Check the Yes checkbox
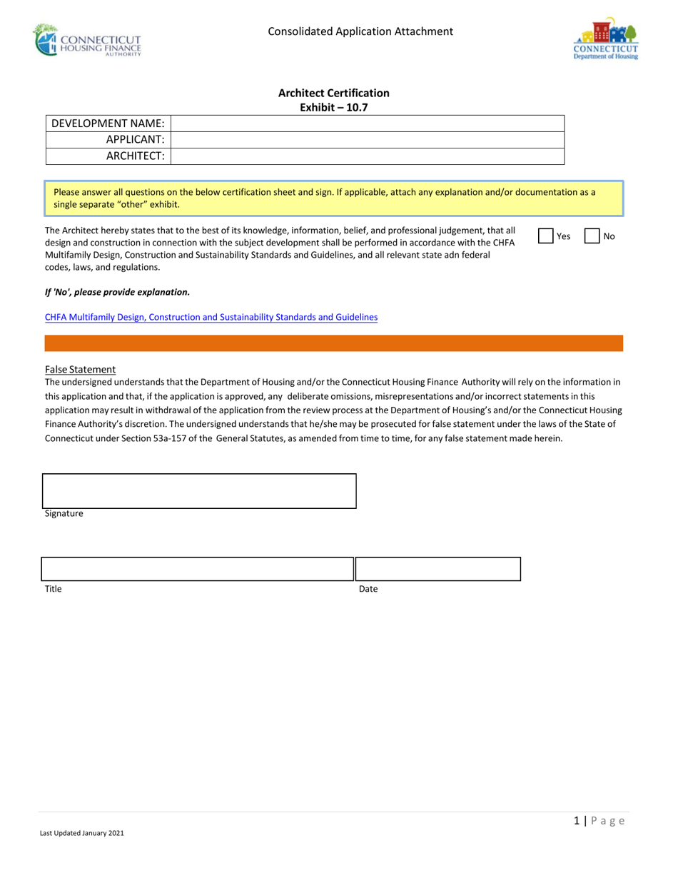[x=545, y=236]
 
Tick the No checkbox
[x=592, y=236]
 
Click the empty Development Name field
[x=368, y=123]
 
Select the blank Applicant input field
[x=368, y=140]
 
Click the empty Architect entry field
[x=368, y=156]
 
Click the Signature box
[x=199, y=491]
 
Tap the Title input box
[x=197, y=569]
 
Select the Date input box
[x=438, y=569]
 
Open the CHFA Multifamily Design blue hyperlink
[x=211, y=317]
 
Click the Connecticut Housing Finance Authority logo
[x=88, y=40]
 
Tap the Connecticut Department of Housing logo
[x=605, y=39]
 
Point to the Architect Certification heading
[x=334, y=93]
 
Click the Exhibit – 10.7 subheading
[x=334, y=107]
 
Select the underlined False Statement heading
[x=80, y=369]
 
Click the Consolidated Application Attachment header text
[x=360, y=31]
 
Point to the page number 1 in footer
[x=576, y=821]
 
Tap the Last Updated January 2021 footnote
[x=82, y=833]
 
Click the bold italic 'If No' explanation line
[x=117, y=291]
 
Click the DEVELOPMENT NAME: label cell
[x=108, y=123]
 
